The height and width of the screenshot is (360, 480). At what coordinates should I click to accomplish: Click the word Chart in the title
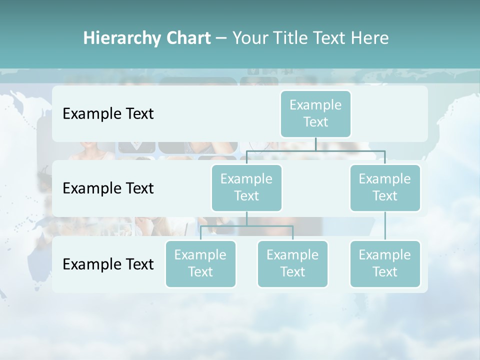coord(188,38)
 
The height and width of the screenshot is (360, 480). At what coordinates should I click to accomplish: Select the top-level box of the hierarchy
coord(315,113)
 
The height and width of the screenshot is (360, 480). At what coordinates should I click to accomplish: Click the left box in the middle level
coord(246,187)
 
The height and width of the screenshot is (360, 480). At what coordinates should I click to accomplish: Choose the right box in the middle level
coord(385,187)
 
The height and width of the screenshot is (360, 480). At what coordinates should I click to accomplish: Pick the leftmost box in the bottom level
coord(200,263)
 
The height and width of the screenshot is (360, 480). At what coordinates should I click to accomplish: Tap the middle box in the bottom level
coord(292,263)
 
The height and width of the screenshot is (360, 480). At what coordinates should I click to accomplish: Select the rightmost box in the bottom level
coord(385,263)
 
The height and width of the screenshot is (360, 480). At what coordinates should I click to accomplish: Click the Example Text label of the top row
coord(108,114)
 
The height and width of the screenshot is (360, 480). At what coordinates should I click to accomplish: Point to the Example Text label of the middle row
coord(108,188)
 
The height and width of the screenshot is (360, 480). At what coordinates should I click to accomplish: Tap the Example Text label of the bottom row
coord(108,264)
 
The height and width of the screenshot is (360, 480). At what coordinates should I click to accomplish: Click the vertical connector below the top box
coord(315,143)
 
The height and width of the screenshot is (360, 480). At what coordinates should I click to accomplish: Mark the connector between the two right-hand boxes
coord(385,226)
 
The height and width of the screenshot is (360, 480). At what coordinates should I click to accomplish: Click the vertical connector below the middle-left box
coord(246,218)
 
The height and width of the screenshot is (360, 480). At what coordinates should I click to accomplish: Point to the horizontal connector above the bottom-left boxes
coord(246,226)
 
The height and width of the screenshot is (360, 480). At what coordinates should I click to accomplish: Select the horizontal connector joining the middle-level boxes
coord(315,150)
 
